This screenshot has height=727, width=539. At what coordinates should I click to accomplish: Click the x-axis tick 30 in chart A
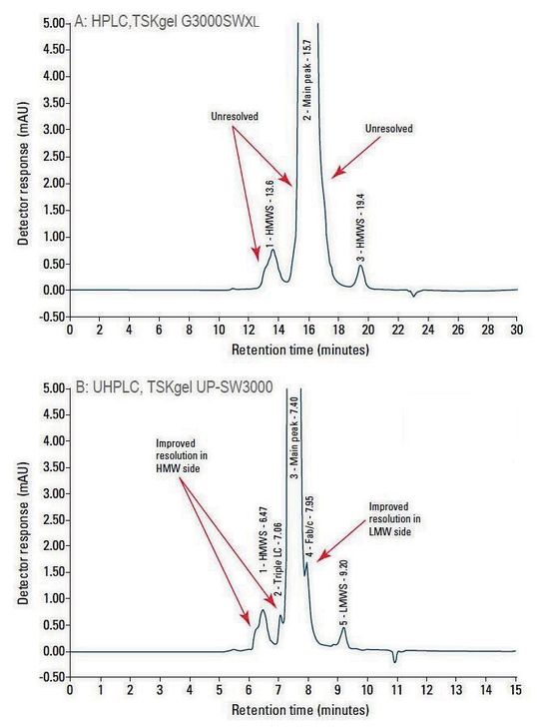click(516, 328)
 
